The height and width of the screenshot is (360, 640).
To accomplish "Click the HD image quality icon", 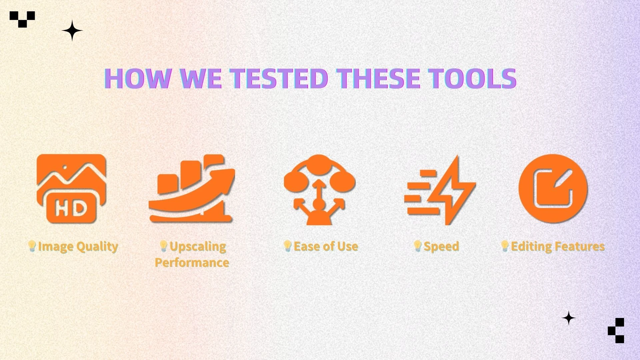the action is (71, 188).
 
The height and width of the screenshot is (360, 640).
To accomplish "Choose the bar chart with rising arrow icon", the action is (192, 188).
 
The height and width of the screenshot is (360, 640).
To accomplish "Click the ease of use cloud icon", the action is (320, 189).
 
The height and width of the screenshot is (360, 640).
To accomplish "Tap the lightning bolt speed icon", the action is (440, 190).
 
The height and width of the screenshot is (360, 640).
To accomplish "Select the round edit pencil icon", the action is (553, 188).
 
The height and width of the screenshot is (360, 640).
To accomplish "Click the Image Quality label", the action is (78, 247).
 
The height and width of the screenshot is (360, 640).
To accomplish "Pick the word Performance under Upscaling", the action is (192, 262).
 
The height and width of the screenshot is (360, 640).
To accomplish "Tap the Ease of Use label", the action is (326, 246).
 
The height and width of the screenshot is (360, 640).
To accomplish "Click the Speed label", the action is (441, 247).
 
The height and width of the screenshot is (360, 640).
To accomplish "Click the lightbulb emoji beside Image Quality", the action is (32, 246).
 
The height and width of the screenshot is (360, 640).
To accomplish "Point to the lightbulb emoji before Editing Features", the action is (505, 246).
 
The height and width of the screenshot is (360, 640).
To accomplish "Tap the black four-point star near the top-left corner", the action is (72, 31).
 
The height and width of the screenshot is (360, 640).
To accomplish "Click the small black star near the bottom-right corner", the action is (569, 318).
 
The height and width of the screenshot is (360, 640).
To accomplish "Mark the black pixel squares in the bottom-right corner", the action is (616, 330).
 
